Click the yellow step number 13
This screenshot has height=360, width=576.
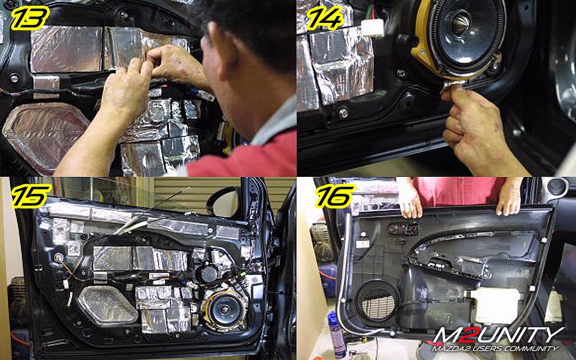(x=30, y=18)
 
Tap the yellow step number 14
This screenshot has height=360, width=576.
(x=325, y=18)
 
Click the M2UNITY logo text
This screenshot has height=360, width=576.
(x=499, y=335)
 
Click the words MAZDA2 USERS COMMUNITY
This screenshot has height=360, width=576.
(x=495, y=349)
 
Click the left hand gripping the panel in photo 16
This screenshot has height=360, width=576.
(x=409, y=200)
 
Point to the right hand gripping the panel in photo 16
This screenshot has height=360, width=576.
(x=508, y=198)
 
